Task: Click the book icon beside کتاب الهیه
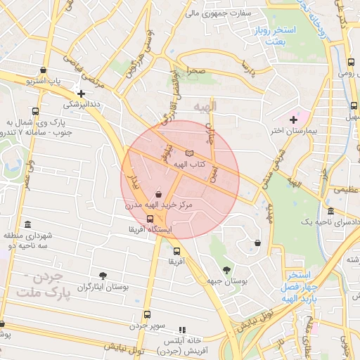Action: tap(188, 153)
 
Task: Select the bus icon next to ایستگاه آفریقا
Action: tap(150, 219)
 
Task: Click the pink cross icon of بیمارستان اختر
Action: tap(293, 120)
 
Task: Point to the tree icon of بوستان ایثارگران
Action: tap(103, 274)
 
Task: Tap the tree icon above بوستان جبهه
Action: tap(226, 270)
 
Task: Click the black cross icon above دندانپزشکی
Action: tap(82, 94)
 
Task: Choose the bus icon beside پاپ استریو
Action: tap(44, 70)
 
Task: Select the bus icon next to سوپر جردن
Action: tap(147, 314)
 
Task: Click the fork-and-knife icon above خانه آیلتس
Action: tap(183, 329)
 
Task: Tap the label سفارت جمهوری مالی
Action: tap(213, 13)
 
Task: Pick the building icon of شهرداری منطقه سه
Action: tap(27, 224)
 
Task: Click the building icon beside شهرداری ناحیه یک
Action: tap(330, 212)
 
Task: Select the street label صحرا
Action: tap(195, 71)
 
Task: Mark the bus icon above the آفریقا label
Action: tap(176, 251)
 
